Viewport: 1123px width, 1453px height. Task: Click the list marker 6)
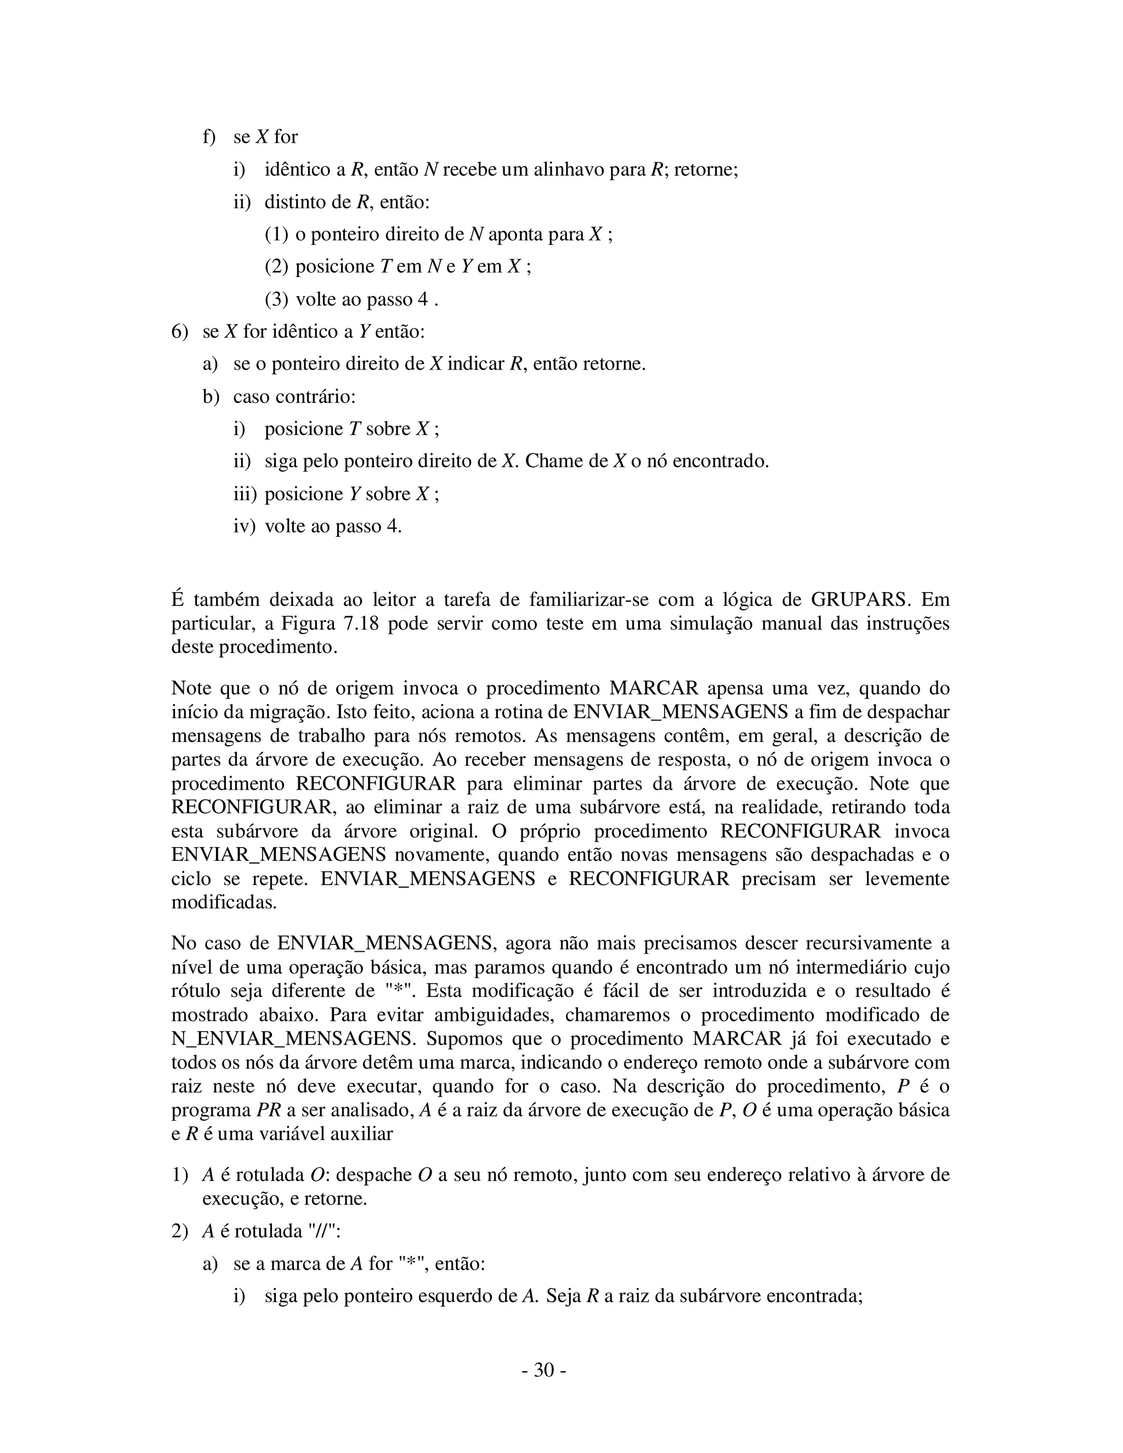180,331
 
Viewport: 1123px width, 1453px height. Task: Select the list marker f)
209,137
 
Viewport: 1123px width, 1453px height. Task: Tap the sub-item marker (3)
276,299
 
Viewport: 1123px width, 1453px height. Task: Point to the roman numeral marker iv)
243,526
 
